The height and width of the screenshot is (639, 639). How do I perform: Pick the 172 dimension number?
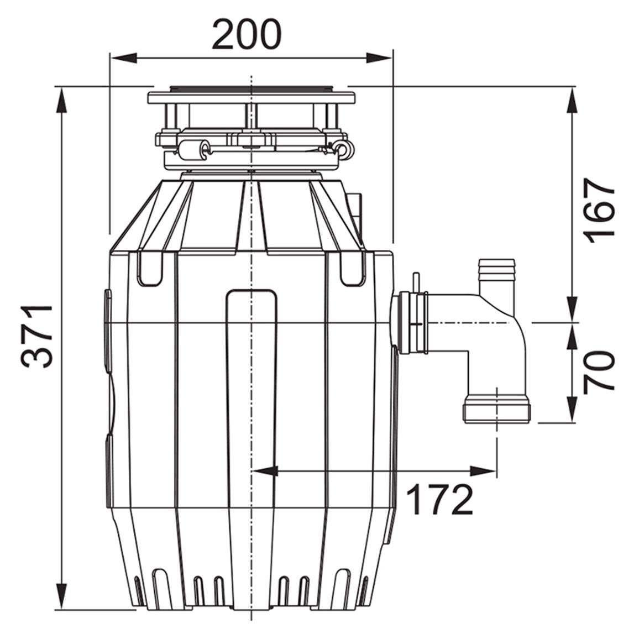coord(439,500)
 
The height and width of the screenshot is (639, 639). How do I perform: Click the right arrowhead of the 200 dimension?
coord(379,58)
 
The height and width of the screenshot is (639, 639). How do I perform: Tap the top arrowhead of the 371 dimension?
coord(61,100)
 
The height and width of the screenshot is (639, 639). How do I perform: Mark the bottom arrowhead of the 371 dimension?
coord(61,596)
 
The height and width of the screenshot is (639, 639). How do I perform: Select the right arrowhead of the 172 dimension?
coord(483,472)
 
